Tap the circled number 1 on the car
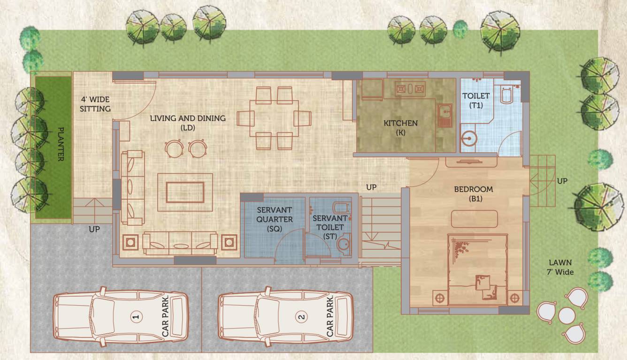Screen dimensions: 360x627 [x=136, y=317]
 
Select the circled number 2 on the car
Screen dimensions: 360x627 [x=301, y=317]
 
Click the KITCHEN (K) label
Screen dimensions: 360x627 [x=400, y=128]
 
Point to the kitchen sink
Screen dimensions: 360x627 [x=443, y=115]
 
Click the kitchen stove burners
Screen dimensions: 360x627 [x=410, y=88]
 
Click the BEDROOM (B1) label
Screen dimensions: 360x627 [x=473, y=194]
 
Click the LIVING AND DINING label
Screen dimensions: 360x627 [x=188, y=123]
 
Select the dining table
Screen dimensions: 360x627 [x=274, y=118]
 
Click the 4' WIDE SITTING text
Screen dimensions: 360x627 [x=95, y=104]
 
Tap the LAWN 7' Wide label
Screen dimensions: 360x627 [x=562, y=267]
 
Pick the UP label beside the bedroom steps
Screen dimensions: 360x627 [x=562, y=181]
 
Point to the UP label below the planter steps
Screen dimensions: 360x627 [x=94, y=230]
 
